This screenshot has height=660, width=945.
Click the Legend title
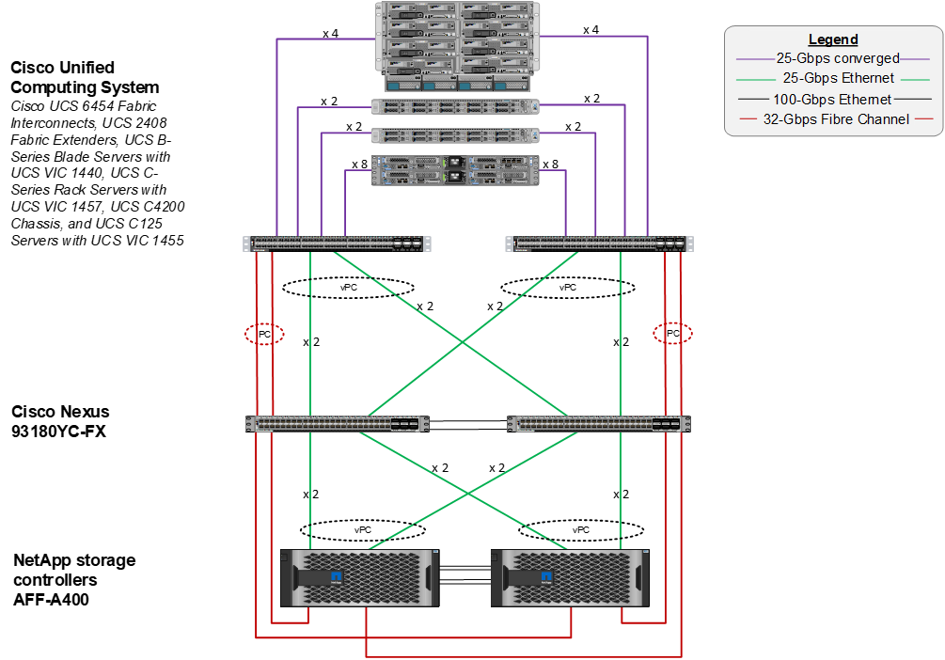[x=833, y=39]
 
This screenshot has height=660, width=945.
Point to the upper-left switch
[x=338, y=244]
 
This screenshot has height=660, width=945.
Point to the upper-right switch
[x=600, y=244]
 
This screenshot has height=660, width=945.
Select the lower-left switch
[x=338, y=424]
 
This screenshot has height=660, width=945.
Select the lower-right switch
[x=598, y=424]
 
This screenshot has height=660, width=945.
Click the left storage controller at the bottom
[x=360, y=577]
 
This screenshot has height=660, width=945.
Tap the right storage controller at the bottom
[x=570, y=577]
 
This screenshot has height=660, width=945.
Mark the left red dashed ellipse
[x=264, y=334]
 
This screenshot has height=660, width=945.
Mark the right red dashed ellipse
[x=672, y=333]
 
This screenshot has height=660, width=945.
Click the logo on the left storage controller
[x=336, y=575]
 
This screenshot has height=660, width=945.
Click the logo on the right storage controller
[x=545, y=575]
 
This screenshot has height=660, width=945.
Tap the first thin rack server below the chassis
[x=455, y=107]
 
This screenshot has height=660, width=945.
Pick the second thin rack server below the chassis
[x=455, y=135]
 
